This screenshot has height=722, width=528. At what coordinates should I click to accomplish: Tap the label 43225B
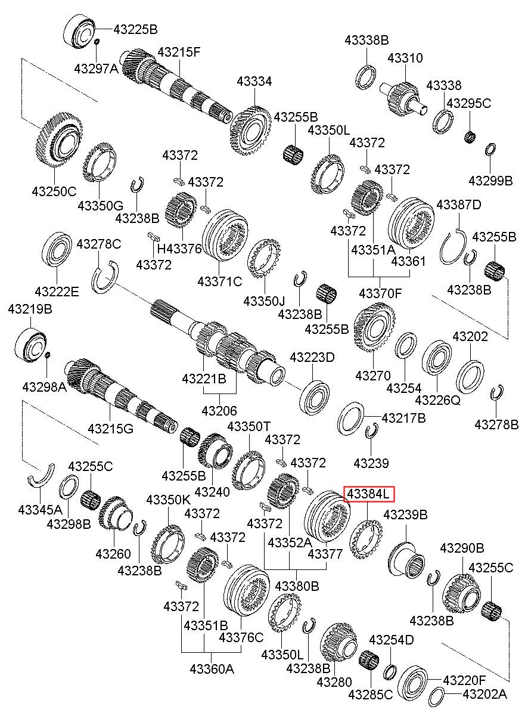click(135, 29)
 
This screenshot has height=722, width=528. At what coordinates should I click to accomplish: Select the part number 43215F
click(179, 52)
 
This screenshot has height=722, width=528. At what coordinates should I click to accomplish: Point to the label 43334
click(254, 81)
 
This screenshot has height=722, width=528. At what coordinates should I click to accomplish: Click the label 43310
click(405, 58)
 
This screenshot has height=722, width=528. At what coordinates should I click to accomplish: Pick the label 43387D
click(459, 204)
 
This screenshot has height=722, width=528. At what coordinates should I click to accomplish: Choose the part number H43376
click(179, 249)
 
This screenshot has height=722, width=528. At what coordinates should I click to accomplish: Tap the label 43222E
click(57, 292)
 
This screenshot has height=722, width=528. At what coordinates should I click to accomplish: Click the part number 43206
click(219, 411)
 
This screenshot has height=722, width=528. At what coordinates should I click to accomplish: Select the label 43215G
click(110, 429)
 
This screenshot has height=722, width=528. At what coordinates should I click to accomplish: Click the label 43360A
click(212, 669)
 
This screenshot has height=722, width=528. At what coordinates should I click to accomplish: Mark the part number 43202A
click(485, 695)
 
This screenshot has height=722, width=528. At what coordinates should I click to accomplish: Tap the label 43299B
click(490, 181)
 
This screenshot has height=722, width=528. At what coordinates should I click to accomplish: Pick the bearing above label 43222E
click(57, 249)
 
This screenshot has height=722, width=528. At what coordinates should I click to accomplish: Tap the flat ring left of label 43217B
click(351, 419)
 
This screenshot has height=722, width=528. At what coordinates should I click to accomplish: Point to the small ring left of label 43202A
click(437, 696)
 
